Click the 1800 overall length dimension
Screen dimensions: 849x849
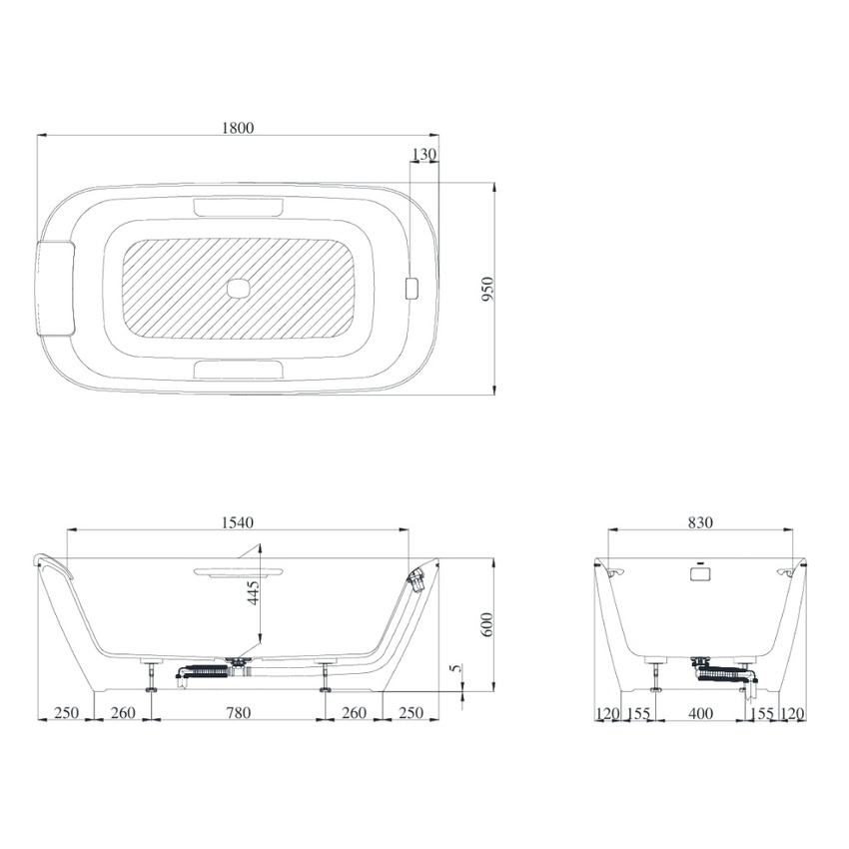coord(239,127)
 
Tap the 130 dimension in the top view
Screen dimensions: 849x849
coord(424,154)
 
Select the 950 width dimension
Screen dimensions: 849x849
coord(487,288)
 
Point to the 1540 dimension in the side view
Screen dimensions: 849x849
coord(238,521)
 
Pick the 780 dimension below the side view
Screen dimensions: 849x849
coord(238,713)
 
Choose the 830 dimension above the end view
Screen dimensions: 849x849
coord(700,521)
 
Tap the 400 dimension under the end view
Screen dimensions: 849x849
coord(701,713)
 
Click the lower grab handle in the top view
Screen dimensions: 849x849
coord(238,370)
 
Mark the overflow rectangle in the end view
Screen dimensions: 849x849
coord(700,572)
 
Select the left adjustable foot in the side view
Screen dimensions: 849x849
coord(151,676)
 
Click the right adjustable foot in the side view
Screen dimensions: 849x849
coord(326,676)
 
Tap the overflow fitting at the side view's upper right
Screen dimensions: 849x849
coord(417,578)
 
